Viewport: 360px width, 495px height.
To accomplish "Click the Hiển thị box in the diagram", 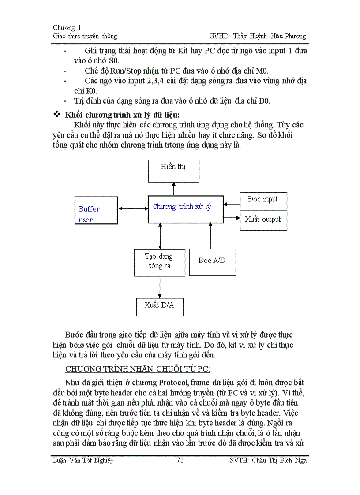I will [x=173, y=171].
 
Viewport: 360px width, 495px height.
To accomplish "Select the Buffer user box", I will [x=96, y=210].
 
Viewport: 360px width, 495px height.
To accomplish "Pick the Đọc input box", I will [x=263, y=201].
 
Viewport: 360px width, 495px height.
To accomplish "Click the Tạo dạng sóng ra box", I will [x=159, y=263].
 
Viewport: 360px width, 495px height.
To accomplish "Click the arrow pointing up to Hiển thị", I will [x=173, y=189].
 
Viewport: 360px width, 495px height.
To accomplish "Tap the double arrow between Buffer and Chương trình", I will [x=132, y=209].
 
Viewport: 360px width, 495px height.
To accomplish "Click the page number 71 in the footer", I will [x=180, y=461].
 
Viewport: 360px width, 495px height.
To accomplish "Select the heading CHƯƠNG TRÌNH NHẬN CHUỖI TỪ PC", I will [x=138, y=368].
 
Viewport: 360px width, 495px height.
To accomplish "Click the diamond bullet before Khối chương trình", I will [x=56, y=115].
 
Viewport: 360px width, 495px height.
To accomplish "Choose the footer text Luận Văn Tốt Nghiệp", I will [x=82, y=461].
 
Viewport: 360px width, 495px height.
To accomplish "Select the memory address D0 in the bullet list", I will [x=264, y=101].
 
